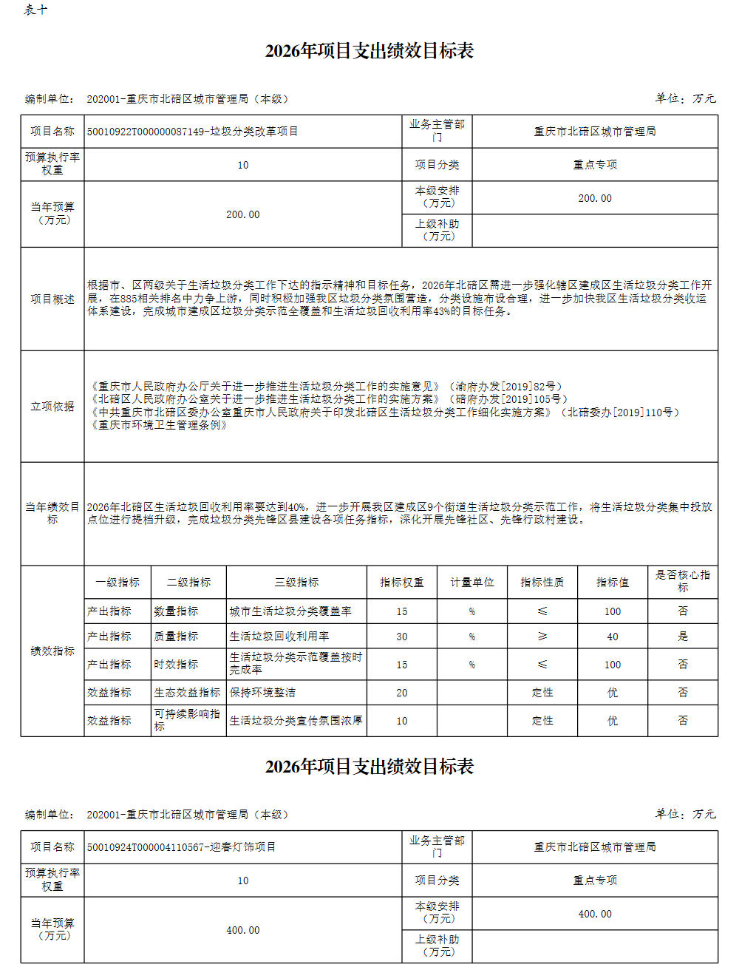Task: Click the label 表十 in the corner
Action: (35, 10)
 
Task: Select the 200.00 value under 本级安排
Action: (595, 198)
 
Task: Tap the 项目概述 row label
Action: (52, 299)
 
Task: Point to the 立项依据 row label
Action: (52, 406)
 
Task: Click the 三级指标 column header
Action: (296, 583)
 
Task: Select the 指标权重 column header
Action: (402, 583)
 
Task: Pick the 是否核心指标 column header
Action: (683, 581)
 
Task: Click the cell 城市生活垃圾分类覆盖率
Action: (290, 611)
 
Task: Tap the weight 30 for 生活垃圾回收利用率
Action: (402, 637)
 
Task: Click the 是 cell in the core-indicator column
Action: (683, 637)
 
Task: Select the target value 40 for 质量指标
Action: (613, 637)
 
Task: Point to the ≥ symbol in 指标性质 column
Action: (542, 637)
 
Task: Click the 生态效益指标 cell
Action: (188, 693)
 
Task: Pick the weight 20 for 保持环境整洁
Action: (402, 693)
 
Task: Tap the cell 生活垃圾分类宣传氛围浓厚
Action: (296, 721)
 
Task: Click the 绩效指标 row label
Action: (52, 651)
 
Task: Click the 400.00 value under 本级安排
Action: (595, 914)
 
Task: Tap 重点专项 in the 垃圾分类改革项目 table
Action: (595, 165)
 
